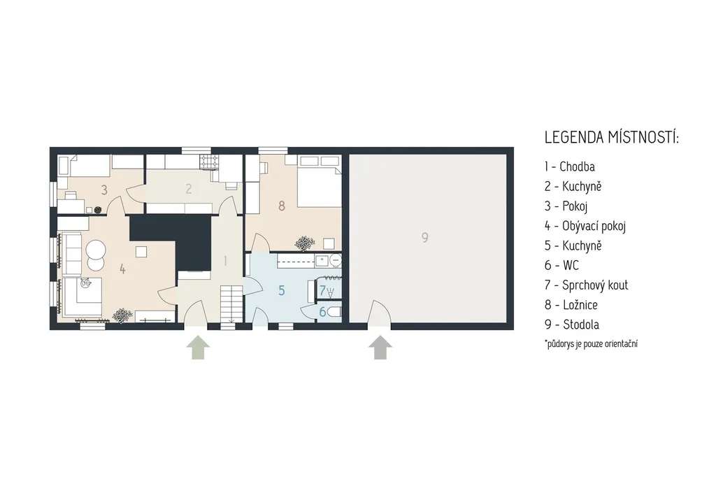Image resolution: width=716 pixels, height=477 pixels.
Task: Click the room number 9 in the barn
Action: pos(424,238)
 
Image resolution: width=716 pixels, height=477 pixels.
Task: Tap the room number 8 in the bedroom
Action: pos(282,206)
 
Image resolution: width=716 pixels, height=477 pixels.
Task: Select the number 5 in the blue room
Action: pos(282,290)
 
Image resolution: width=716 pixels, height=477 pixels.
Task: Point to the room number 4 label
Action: pos(122,269)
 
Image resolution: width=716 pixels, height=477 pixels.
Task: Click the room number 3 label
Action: pos(104,190)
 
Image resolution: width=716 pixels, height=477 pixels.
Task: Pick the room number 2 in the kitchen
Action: pos(189,188)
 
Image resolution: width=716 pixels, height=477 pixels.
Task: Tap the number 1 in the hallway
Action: pos(225,261)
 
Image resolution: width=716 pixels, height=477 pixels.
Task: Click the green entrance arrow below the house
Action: pos(198,348)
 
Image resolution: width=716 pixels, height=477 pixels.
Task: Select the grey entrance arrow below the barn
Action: pos(380,348)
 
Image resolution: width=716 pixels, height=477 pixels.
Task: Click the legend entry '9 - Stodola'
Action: pos(572,325)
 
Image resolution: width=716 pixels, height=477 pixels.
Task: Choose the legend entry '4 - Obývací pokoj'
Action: pos(585,226)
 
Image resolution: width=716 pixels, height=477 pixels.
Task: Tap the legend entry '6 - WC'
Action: pos(561,265)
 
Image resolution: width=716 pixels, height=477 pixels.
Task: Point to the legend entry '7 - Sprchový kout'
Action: pos(587,285)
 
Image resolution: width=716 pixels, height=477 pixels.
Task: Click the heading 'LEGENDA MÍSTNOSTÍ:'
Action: pos(612,137)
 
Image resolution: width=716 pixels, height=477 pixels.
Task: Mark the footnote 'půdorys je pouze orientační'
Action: pos(592,343)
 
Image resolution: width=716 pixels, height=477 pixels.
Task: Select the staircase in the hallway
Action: pos(231,303)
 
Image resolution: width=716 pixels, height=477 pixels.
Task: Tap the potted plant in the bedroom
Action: pos(303,243)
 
